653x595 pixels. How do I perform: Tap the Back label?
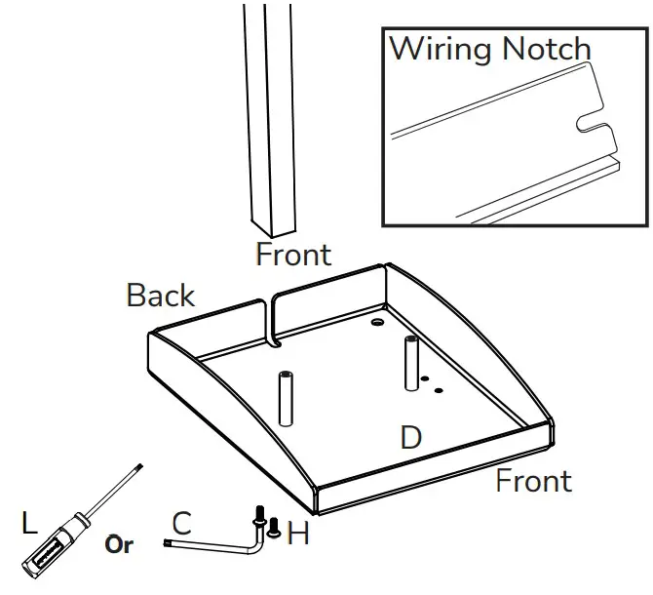pos(161,296)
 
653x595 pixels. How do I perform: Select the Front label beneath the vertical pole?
pos(293,255)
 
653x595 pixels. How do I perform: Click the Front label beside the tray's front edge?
pos(533,481)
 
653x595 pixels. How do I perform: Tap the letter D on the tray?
pos(411,437)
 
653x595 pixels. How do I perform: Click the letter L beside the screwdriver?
pos(30,524)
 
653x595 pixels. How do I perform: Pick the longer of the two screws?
pos(260,517)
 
